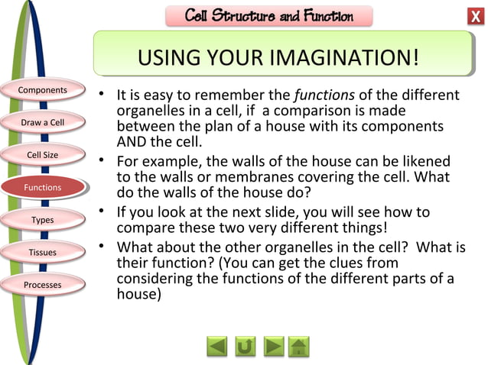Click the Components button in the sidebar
click(43, 90)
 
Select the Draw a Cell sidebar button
click(43, 122)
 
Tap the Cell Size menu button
click(43, 155)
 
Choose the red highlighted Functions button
click(43, 187)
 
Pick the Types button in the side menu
click(43, 220)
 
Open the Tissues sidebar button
click(43, 252)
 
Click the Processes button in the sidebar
click(43, 285)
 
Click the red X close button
click(474, 17)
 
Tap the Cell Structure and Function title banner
click(268, 16)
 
